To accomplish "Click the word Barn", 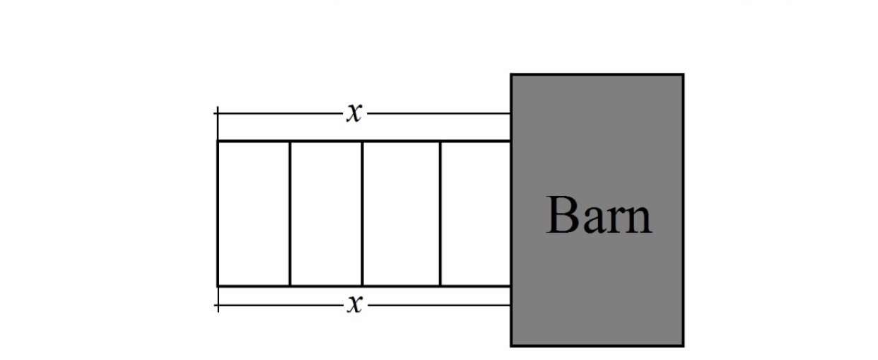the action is pyautogui.click(x=599, y=215).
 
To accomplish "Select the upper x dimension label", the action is pyautogui.click(x=354, y=112).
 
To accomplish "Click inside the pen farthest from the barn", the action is pyautogui.click(x=253, y=214).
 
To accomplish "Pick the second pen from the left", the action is pyautogui.click(x=326, y=214).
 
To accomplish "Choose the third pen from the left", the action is pyautogui.click(x=401, y=214).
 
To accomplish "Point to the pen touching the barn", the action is pyautogui.click(x=475, y=214).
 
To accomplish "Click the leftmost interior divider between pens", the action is pyautogui.click(x=290, y=214).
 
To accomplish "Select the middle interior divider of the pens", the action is pyautogui.click(x=363, y=214).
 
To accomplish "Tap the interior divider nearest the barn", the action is pyautogui.click(x=440, y=214).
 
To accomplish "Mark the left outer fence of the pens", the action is pyautogui.click(x=217, y=214).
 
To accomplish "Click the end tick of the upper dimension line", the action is pyautogui.click(x=217, y=112).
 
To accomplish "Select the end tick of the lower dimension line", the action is pyautogui.click(x=217, y=306).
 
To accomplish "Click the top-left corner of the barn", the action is pyautogui.click(x=512, y=74).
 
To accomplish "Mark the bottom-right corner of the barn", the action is pyautogui.click(x=683, y=345).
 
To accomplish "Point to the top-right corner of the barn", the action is pyautogui.click(x=683, y=74).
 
